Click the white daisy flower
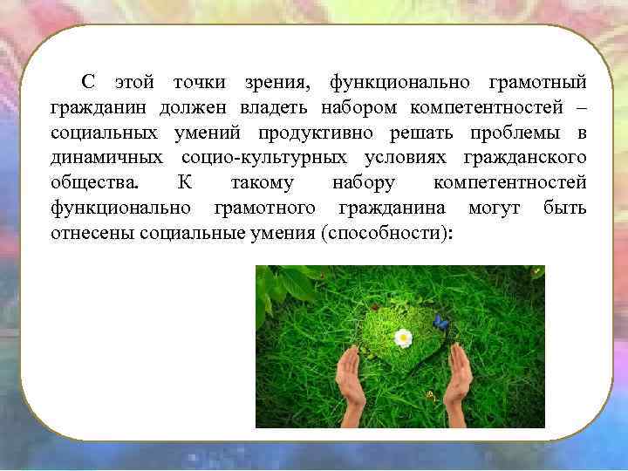tap(402, 337)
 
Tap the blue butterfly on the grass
tap(441, 323)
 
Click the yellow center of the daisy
tap(402, 337)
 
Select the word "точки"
tap(199, 82)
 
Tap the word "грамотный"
tap(538, 82)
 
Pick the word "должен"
tap(192, 107)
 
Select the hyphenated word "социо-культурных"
tap(260, 158)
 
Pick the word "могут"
tap(495, 208)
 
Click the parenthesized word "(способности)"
tap(387, 234)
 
